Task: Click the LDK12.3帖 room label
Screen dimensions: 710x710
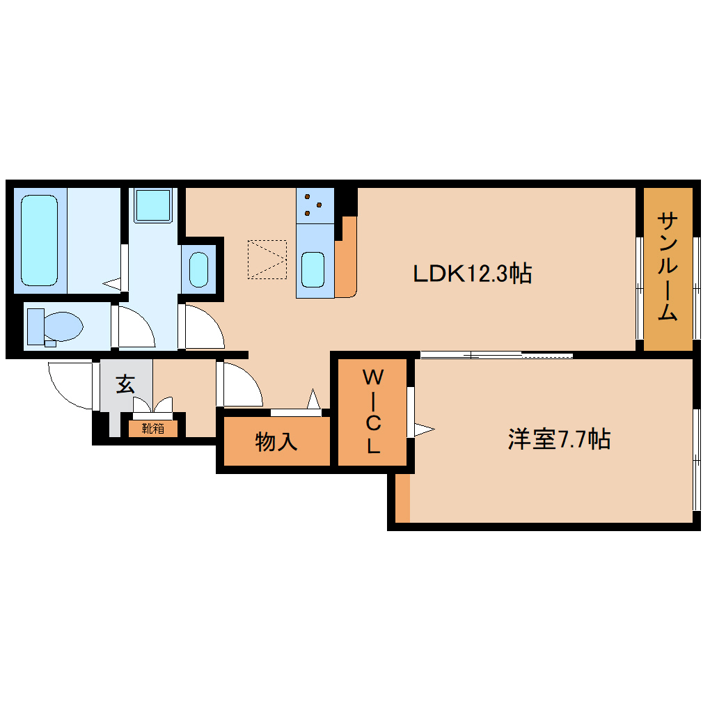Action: (x=473, y=274)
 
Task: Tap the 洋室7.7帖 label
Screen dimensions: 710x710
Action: (x=559, y=439)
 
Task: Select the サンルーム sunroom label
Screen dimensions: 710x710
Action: (x=668, y=267)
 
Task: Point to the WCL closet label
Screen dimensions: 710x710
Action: (x=373, y=412)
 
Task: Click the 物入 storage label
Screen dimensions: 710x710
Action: (x=276, y=441)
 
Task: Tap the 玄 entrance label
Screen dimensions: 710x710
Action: (x=125, y=384)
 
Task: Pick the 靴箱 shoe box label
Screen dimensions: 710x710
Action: (x=153, y=428)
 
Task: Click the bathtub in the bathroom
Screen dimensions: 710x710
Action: (x=39, y=240)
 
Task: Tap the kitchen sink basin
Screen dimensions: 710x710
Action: (x=313, y=269)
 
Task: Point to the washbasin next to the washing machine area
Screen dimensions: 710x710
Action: (x=199, y=269)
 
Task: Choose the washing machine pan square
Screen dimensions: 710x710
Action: (x=152, y=205)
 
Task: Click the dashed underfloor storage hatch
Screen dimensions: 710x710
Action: (x=267, y=259)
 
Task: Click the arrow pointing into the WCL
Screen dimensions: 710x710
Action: (x=424, y=429)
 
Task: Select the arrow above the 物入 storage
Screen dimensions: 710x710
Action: (x=313, y=400)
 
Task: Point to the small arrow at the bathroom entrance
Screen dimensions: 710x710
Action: (x=112, y=283)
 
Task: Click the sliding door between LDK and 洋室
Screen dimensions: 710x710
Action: (x=496, y=355)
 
